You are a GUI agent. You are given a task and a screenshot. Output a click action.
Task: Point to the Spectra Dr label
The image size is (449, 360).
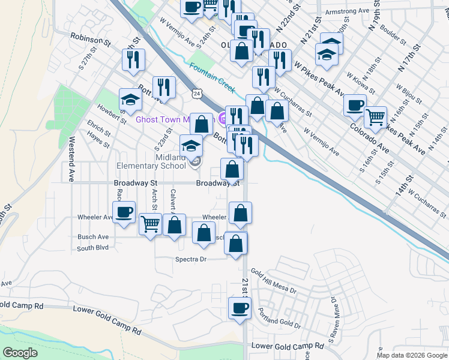point(191,259)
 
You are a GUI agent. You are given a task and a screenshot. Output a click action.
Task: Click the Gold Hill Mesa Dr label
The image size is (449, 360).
point(274,281)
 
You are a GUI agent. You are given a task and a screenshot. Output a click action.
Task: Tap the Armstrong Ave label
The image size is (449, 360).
point(346,11)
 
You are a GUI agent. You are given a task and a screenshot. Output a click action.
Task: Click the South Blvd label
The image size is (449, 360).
point(92,247)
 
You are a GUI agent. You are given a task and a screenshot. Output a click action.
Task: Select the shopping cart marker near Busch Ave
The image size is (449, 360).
point(151,224)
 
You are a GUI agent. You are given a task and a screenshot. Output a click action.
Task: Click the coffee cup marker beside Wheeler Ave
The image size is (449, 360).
point(124,212)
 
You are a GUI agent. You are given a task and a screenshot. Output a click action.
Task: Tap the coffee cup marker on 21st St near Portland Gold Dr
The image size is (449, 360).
point(239,309)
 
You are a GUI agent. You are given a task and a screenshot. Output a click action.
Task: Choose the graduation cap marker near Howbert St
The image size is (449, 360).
point(130,99)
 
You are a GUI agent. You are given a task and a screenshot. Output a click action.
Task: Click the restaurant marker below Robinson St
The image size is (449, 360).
point(133,59)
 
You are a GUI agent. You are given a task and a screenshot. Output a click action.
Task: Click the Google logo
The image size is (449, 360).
point(20,353)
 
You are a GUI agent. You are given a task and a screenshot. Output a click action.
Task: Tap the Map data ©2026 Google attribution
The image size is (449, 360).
point(412,355)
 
